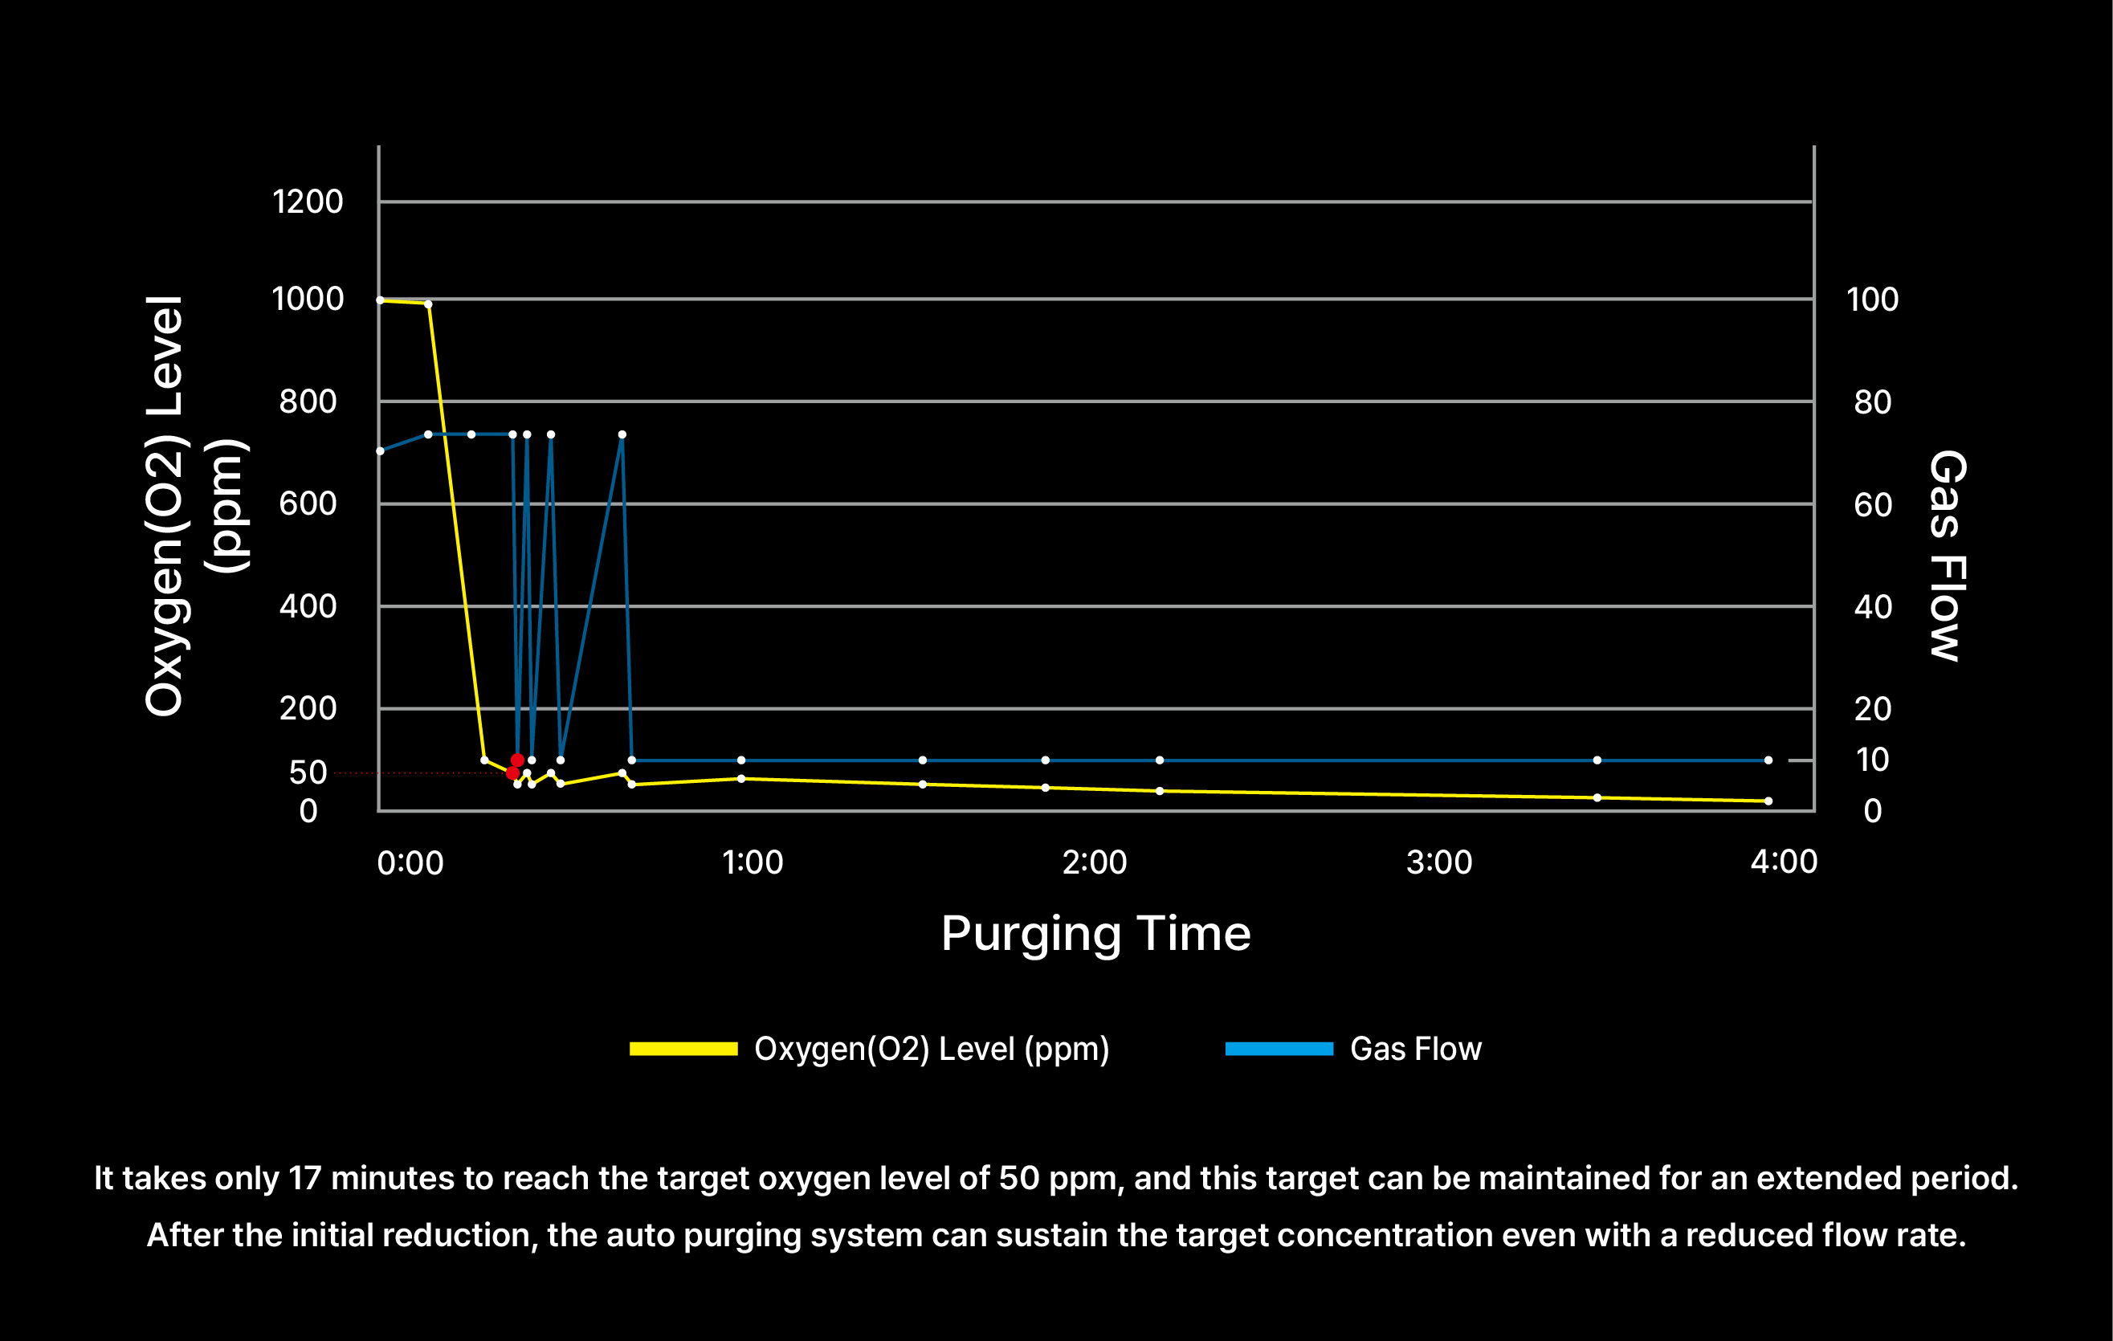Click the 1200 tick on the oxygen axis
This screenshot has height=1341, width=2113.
[307, 202]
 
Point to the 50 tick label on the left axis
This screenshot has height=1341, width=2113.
[308, 772]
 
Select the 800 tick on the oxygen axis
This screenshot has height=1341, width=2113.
[307, 402]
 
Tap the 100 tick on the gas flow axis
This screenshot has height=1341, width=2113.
[1873, 300]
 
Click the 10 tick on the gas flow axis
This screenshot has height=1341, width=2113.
[1872, 760]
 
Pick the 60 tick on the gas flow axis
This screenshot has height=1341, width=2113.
[1873, 504]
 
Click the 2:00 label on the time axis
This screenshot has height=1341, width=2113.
[1094, 862]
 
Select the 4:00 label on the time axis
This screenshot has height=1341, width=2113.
[1784, 862]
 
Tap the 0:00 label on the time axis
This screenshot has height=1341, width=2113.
[410, 862]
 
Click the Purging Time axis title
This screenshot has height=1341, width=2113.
[1095, 933]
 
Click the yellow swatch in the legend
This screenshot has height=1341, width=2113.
[683, 1049]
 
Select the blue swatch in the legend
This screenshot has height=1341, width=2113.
[1279, 1049]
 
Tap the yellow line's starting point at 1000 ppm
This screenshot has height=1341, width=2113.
[380, 300]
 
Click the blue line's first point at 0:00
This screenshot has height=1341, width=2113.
[380, 451]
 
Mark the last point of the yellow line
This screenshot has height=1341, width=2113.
[1768, 801]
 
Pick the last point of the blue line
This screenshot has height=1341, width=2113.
[1768, 760]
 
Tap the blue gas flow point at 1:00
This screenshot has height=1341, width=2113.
[741, 760]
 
